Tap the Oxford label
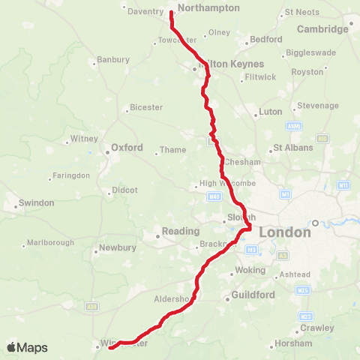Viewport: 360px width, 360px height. click(127, 148)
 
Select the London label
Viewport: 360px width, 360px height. click(285, 232)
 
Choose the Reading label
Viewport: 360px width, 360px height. click(182, 231)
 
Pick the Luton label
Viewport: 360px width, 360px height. click(270, 111)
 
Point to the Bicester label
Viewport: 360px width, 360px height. click(146, 107)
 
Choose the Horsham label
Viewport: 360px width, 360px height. click(293, 343)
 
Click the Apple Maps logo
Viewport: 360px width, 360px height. click(27, 347)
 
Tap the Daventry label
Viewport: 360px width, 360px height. click(145, 12)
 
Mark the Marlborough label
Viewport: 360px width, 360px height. click(51, 243)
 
